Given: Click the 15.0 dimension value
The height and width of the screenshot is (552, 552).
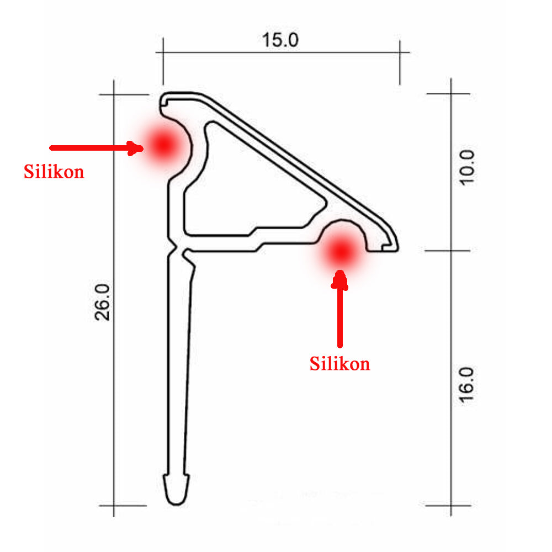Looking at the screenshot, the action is pyautogui.click(x=280, y=40).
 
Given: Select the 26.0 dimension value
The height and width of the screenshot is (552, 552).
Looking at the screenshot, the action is pyautogui.click(x=103, y=302).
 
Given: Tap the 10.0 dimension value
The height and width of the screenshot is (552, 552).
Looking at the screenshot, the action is pyautogui.click(x=467, y=168).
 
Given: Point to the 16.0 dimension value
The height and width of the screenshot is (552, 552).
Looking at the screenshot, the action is pyautogui.click(x=467, y=385).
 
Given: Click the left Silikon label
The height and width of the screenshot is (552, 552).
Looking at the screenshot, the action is pyautogui.click(x=54, y=172).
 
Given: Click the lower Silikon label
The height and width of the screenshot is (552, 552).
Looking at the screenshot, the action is pyautogui.click(x=339, y=363).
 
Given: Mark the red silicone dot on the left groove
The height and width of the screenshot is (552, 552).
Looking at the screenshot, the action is pyautogui.click(x=164, y=144).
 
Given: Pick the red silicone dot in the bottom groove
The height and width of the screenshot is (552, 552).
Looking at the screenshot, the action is pyautogui.click(x=341, y=251).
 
